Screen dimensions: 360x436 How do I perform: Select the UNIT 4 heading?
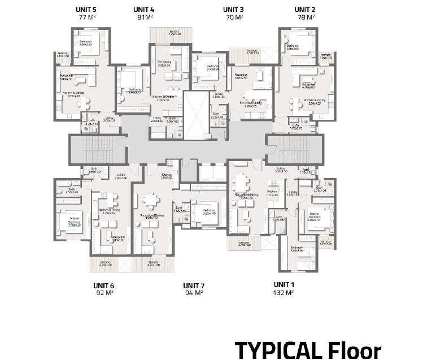click(x=144, y=10)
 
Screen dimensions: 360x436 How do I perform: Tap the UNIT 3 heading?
click(x=233, y=10)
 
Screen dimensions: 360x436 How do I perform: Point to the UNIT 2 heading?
click(x=305, y=10)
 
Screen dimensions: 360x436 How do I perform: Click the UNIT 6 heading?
click(x=104, y=285)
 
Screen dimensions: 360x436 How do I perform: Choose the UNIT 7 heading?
click(x=194, y=285)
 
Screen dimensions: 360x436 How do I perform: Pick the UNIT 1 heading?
click(x=284, y=284)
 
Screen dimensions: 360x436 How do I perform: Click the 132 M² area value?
click(x=284, y=293)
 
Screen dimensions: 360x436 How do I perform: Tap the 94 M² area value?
click(x=194, y=293)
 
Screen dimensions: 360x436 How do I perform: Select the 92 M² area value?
click(x=104, y=293)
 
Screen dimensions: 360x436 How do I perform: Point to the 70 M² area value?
click(x=233, y=18)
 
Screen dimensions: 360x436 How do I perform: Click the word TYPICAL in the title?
click(x=277, y=350)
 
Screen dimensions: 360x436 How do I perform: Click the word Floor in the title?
click(x=354, y=350)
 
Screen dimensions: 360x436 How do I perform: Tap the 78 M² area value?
click(x=306, y=18)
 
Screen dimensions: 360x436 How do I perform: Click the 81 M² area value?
click(x=144, y=18)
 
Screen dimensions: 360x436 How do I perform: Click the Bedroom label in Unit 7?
click(x=209, y=210)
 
